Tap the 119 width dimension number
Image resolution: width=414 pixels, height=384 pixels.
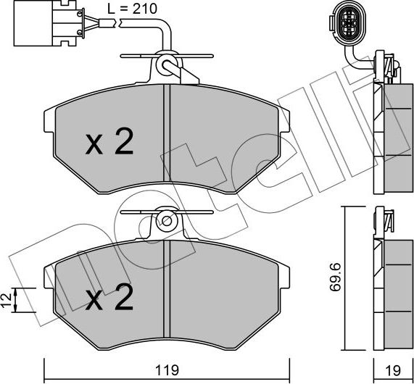point(167,367)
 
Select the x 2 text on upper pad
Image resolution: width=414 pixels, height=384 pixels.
point(109,144)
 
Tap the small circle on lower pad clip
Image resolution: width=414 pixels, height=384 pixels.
point(166,220)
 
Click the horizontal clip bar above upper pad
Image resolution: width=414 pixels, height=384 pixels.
point(166,54)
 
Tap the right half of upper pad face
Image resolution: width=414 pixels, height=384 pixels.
point(225,141)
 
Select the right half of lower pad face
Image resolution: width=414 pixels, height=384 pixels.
point(225,293)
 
